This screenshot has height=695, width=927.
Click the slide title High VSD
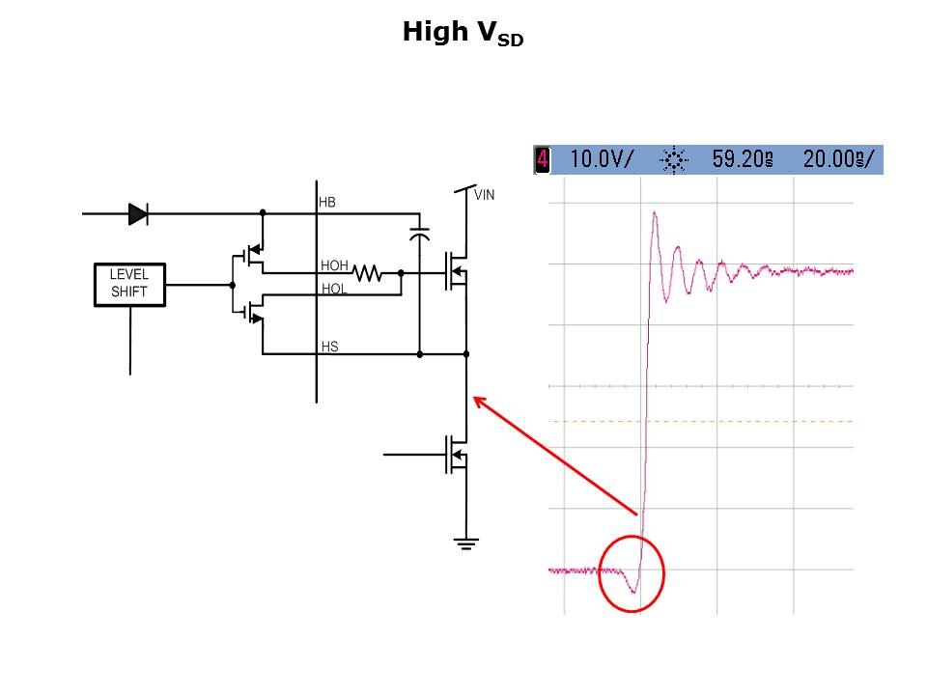coord(463,34)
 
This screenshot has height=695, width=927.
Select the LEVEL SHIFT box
coord(129,284)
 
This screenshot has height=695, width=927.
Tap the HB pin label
coord(327,203)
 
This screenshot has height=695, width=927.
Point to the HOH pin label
coord(333,265)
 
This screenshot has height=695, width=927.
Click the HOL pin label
coord(333,289)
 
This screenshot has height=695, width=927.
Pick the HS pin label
coord(329,347)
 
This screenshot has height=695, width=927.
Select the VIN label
coord(484,194)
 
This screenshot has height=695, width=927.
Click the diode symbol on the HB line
coord(138,214)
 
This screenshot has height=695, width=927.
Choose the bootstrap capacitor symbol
coord(419,234)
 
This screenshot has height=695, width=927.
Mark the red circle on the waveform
coord(632,573)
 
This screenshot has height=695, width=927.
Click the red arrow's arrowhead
coord(475,400)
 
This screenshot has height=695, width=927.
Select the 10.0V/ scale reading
coord(601,159)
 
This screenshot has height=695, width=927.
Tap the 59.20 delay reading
coord(743,159)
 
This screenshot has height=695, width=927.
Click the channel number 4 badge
coord(543,159)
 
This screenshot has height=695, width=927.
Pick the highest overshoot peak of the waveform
coord(655,213)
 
